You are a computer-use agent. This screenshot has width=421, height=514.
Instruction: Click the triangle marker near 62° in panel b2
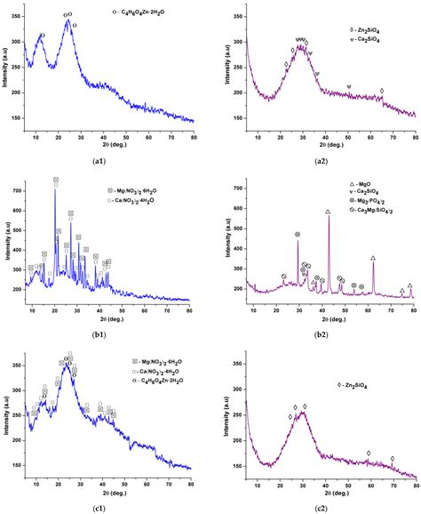(x=372, y=258)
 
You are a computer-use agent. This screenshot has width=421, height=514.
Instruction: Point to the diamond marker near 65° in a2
(x=382, y=91)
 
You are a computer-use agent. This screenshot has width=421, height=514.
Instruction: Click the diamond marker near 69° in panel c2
(x=392, y=459)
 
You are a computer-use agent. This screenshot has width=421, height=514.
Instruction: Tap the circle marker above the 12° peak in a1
(x=42, y=36)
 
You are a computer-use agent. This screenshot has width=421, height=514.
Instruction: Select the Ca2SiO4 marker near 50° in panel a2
(x=349, y=86)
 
